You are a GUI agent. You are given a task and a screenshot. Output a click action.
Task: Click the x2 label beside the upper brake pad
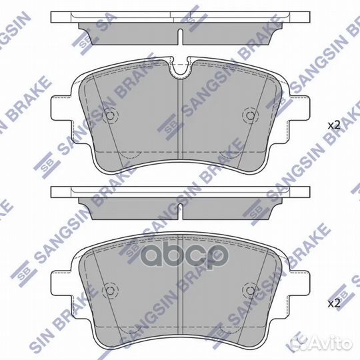pyautogui.click(x=333, y=125)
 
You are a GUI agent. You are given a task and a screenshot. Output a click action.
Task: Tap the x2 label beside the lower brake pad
pyautogui.click(x=333, y=304)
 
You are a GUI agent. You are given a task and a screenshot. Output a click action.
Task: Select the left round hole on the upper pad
pyautogui.click(x=111, y=116)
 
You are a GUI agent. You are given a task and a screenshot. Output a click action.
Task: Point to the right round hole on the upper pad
pyautogui.click(x=251, y=116)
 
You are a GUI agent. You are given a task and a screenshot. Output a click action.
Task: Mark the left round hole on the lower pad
pyautogui.click(x=111, y=291)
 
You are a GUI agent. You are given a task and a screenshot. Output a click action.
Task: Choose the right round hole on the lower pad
pyautogui.click(x=251, y=291)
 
